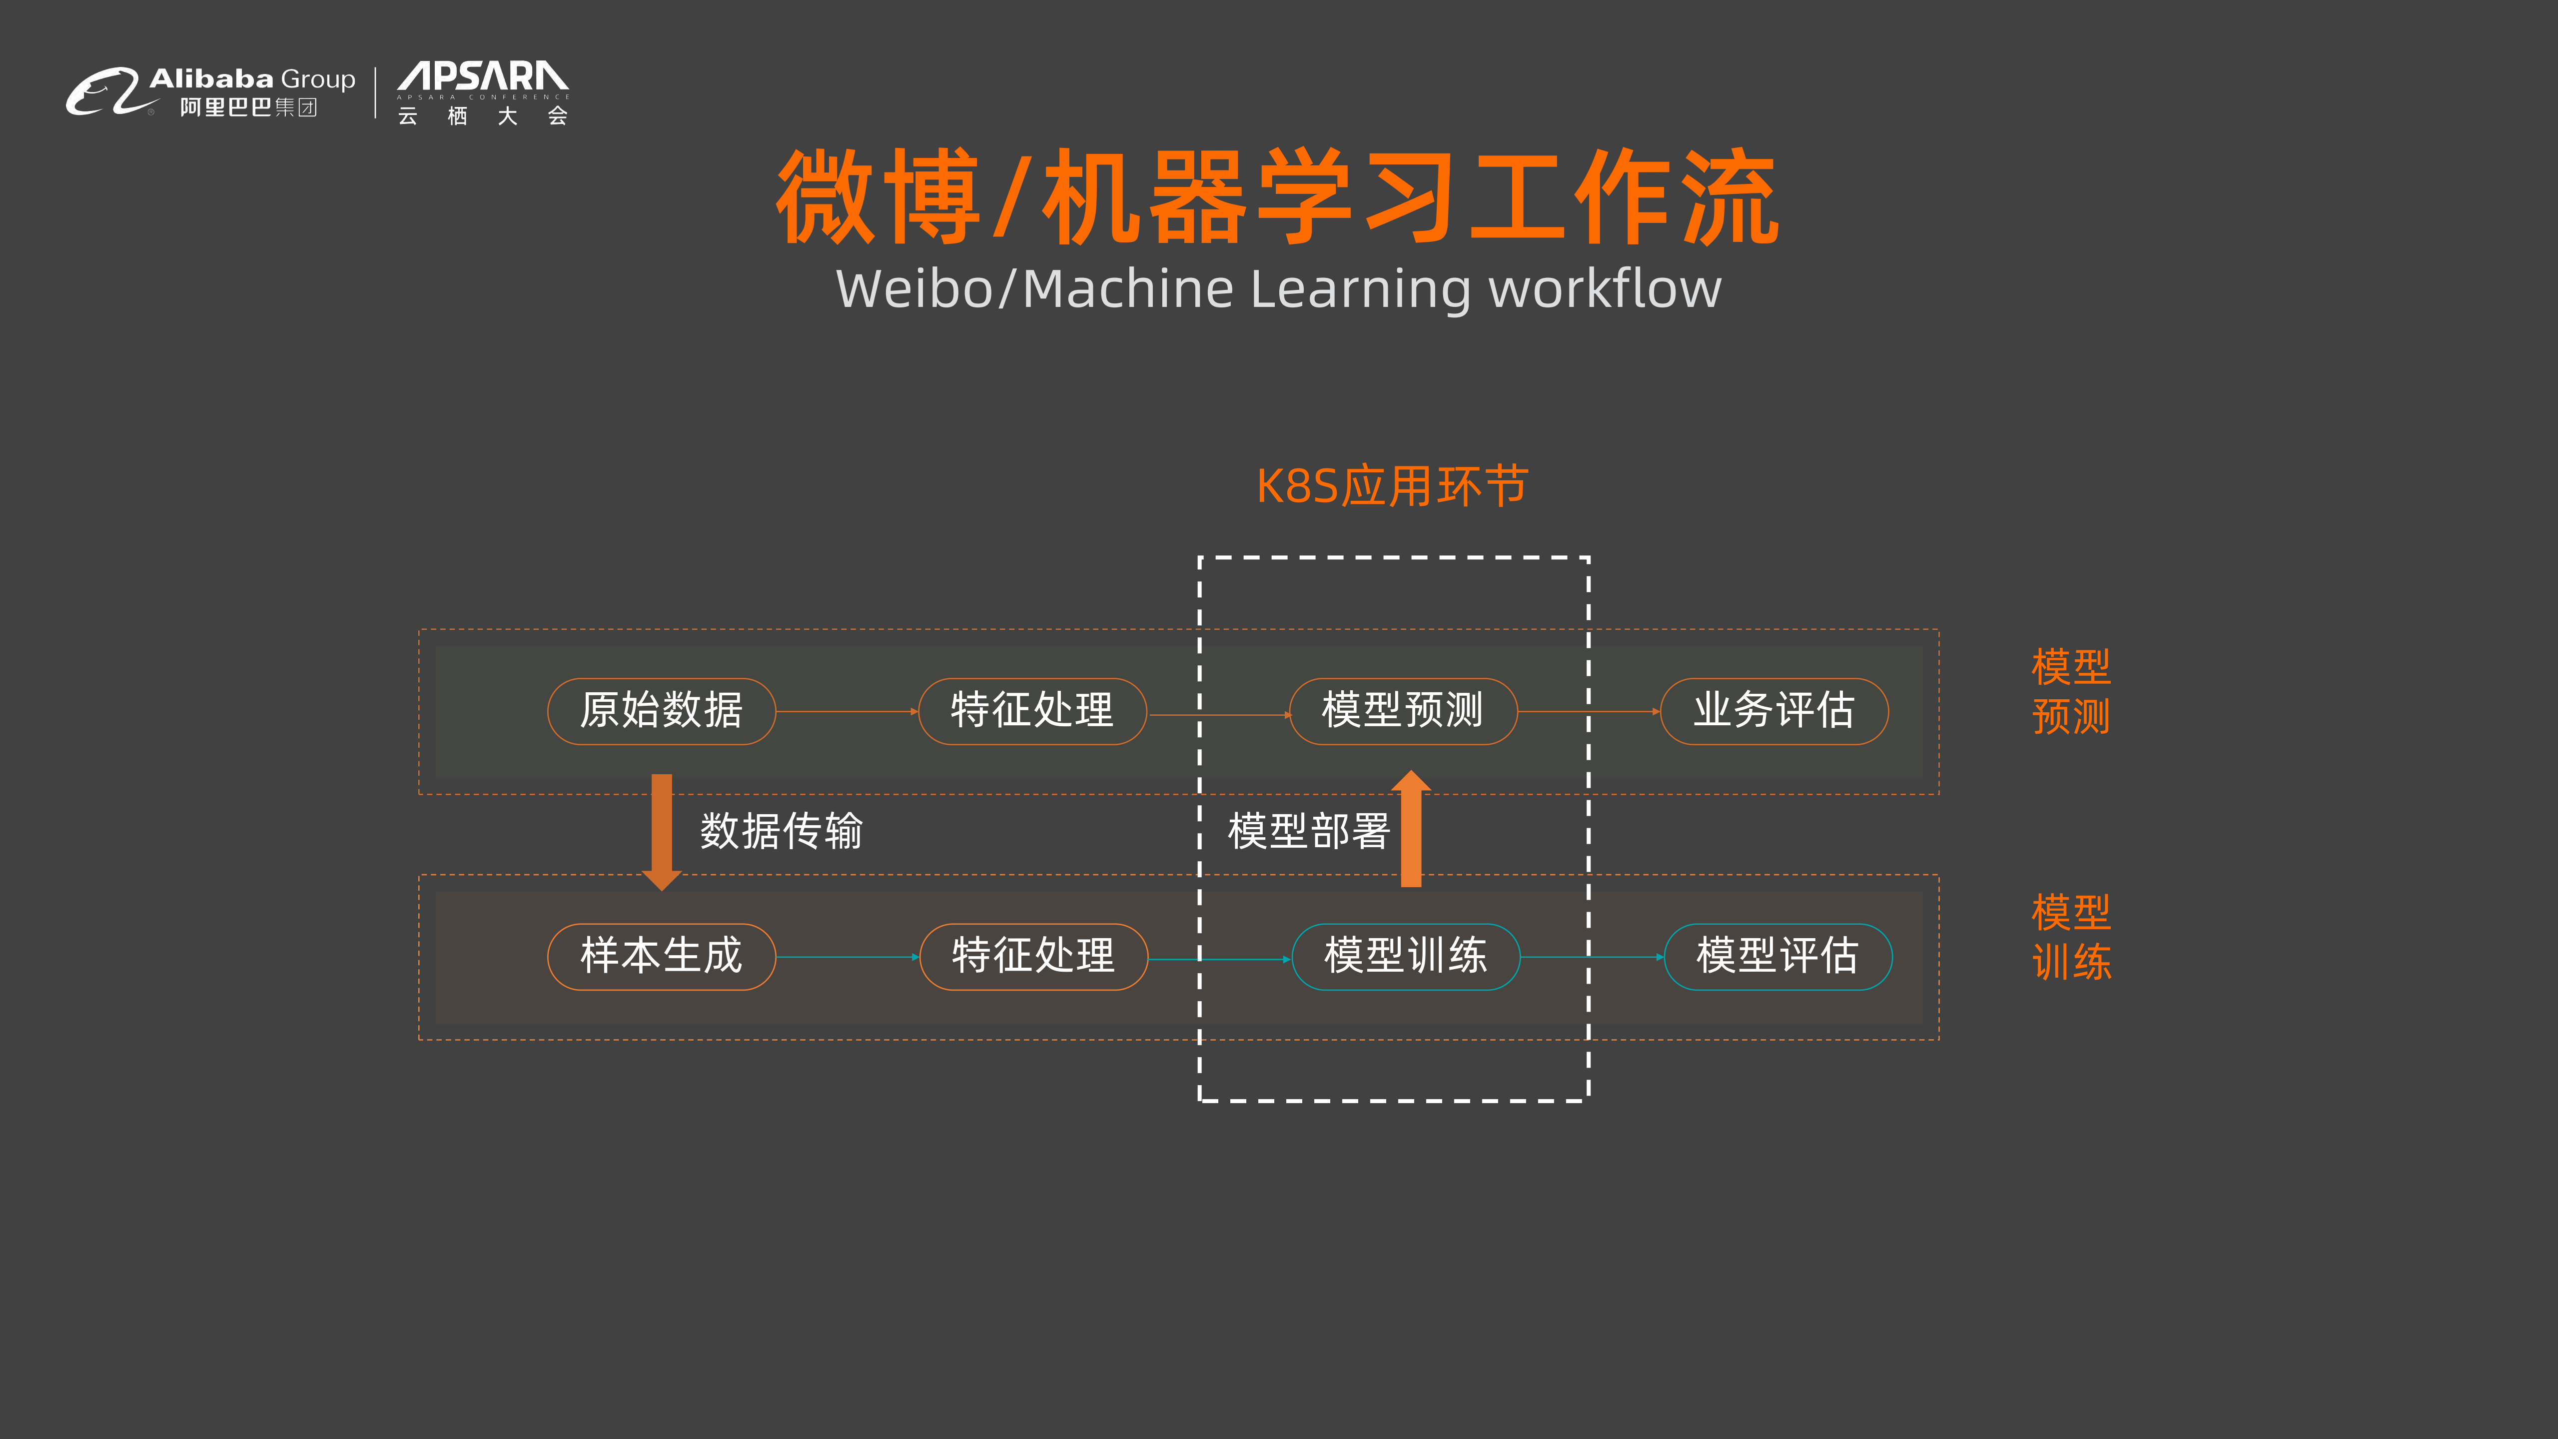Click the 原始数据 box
pos(661,711)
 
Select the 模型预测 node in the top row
pos(1402,711)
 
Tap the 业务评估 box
pos(1773,711)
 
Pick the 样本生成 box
pos(661,956)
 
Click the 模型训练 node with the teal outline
pos(1405,956)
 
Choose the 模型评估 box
pos(1777,956)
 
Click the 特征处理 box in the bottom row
pos(1034,956)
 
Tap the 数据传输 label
pos(782,830)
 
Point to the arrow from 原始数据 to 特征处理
pos(846,711)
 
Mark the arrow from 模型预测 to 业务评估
pos(1589,711)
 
